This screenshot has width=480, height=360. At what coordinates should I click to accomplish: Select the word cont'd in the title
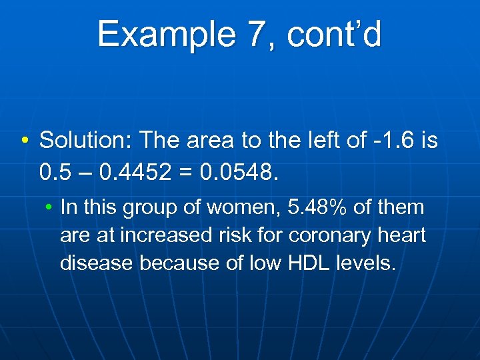pos(335,34)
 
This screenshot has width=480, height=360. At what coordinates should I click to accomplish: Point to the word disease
pos(97,263)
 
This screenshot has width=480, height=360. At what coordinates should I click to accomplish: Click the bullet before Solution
pos(24,140)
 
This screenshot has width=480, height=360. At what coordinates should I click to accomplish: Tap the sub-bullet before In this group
pos(49,208)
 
